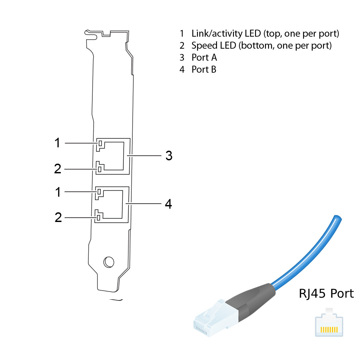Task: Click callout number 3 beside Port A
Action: tap(169, 155)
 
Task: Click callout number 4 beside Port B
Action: tap(169, 204)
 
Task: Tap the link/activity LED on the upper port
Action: tap(99, 144)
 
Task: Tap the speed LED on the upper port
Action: tap(99, 169)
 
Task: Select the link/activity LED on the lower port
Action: tap(99, 192)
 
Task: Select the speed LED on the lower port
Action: tap(99, 218)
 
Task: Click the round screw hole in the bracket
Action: tap(109, 262)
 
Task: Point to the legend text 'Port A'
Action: tap(204, 57)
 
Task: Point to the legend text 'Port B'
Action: tap(204, 69)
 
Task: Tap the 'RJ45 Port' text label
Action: tap(326, 294)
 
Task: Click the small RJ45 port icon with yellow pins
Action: tap(329, 325)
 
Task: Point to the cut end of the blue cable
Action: tap(337, 219)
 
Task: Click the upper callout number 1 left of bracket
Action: tap(58, 143)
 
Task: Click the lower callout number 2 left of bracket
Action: tap(58, 217)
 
